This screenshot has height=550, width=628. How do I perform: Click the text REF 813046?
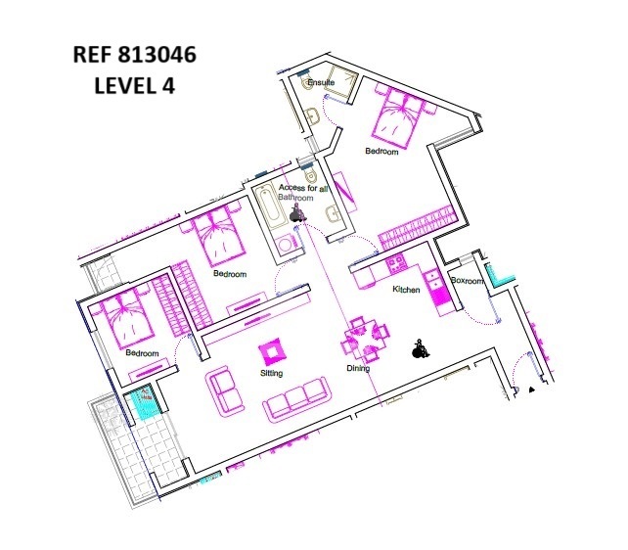point(134,56)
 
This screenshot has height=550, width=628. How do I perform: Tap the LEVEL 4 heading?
point(134,85)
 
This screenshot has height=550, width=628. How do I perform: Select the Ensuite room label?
point(321,83)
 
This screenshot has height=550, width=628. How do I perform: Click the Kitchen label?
point(406,291)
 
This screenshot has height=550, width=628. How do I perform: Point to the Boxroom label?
point(467,281)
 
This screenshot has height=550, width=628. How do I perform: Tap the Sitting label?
point(272,374)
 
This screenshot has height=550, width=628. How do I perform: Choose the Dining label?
point(358,369)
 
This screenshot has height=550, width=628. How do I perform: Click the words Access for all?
point(302,187)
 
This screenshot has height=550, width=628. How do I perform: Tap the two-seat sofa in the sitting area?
point(225,389)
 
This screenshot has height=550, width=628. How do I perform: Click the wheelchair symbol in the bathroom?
point(297,210)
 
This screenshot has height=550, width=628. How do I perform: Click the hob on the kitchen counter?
point(396,263)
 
